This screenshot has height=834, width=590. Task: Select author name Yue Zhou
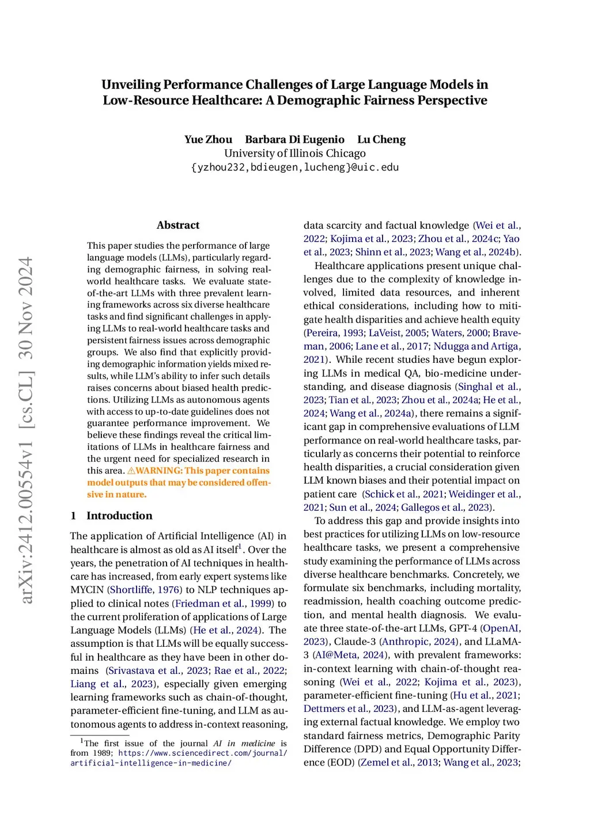click(208, 139)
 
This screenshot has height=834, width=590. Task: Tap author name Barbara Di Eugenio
click(294, 139)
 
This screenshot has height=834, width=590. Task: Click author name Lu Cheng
click(381, 139)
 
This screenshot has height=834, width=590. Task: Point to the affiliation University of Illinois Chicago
click(295, 153)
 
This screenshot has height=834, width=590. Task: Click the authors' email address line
click(295, 167)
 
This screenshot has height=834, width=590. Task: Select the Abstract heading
click(178, 225)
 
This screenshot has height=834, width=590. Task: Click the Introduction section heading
click(119, 515)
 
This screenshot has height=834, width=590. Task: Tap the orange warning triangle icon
click(131, 471)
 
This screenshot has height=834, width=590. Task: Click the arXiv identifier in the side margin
click(27, 430)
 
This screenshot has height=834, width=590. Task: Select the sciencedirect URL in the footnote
click(179, 758)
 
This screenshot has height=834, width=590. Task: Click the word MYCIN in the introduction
click(87, 590)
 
